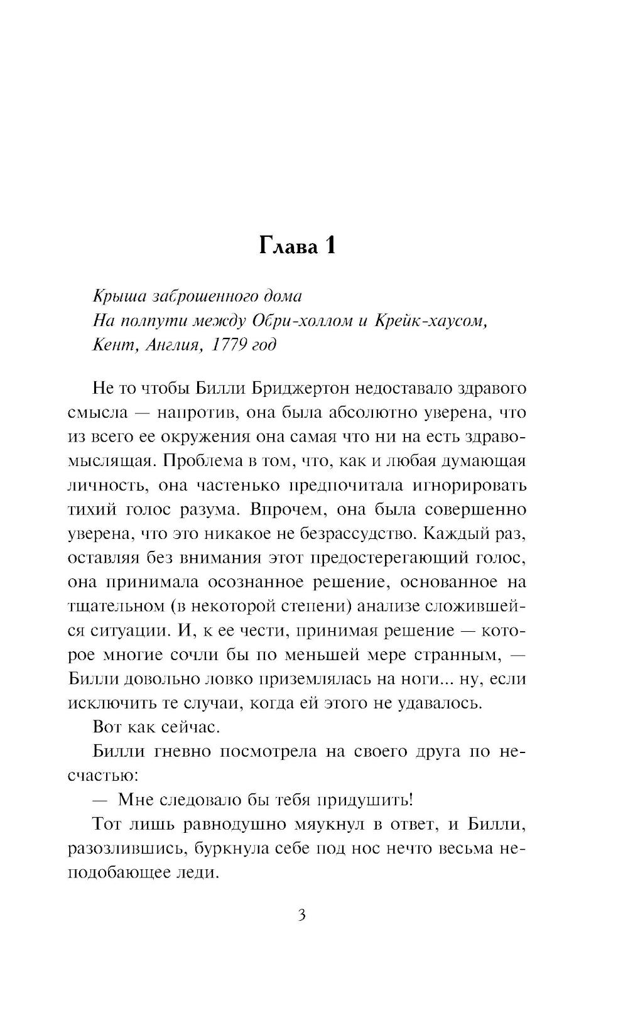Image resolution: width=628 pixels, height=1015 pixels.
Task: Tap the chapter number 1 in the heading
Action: (330, 246)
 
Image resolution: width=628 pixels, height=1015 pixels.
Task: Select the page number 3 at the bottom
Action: (301, 915)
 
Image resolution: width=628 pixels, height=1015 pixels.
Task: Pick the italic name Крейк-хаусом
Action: (430, 320)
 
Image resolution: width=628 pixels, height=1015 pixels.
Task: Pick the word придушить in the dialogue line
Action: (364, 800)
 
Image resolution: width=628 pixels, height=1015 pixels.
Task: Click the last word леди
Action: (197, 872)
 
